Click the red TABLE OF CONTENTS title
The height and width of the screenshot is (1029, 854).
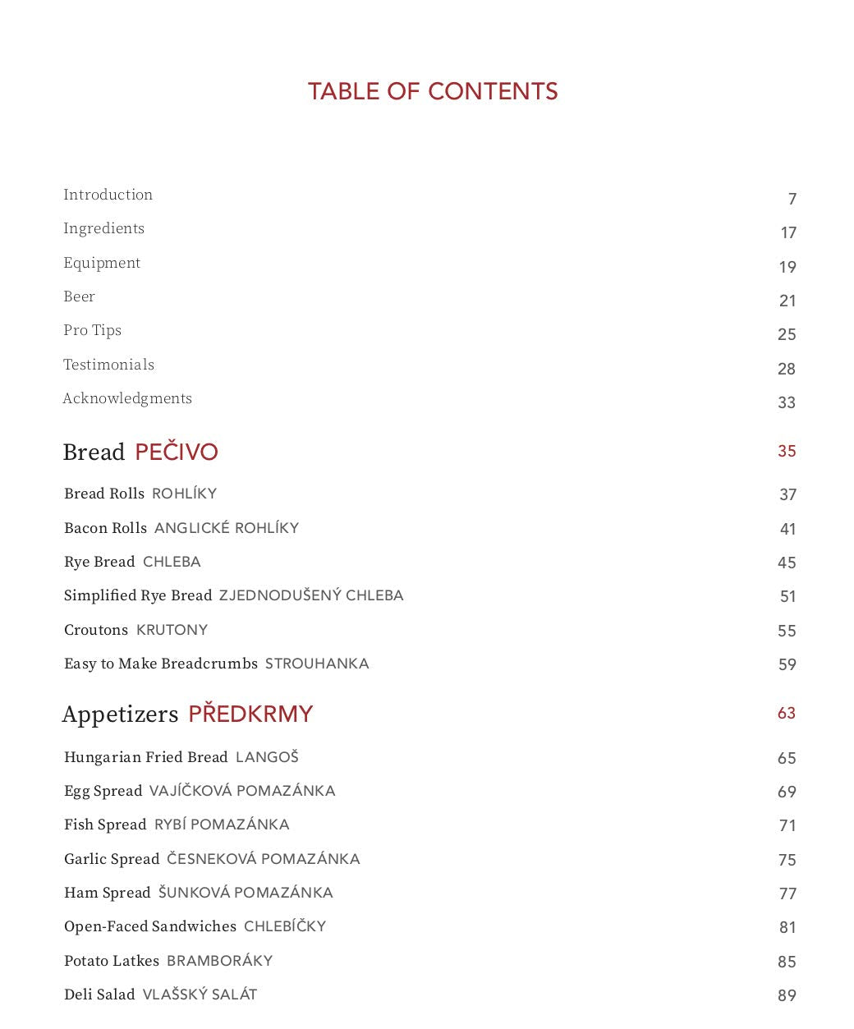433,91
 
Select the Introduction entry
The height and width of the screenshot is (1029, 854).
108,195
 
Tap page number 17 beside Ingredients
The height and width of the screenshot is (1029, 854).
788,233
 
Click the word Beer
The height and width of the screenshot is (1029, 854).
80,296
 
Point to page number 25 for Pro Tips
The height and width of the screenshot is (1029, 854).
787,335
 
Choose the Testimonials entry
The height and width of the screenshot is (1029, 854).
109,365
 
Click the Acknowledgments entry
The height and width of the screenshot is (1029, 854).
127,398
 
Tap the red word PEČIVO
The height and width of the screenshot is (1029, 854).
177,452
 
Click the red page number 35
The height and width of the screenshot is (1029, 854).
787,451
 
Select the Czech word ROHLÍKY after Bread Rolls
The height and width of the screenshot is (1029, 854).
185,494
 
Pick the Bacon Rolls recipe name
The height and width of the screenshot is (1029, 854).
106,528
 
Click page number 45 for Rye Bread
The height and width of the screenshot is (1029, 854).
787,563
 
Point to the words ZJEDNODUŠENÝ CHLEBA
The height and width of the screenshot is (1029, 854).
311,595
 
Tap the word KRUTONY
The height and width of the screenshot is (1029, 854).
172,630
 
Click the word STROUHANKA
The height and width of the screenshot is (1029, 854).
317,664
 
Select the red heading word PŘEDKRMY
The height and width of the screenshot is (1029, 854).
250,714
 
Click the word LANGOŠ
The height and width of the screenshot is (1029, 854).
267,757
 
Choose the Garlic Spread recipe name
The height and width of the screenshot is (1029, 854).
112,859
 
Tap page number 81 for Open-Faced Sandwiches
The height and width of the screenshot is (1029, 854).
787,928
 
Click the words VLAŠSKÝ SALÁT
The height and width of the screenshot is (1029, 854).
200,995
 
